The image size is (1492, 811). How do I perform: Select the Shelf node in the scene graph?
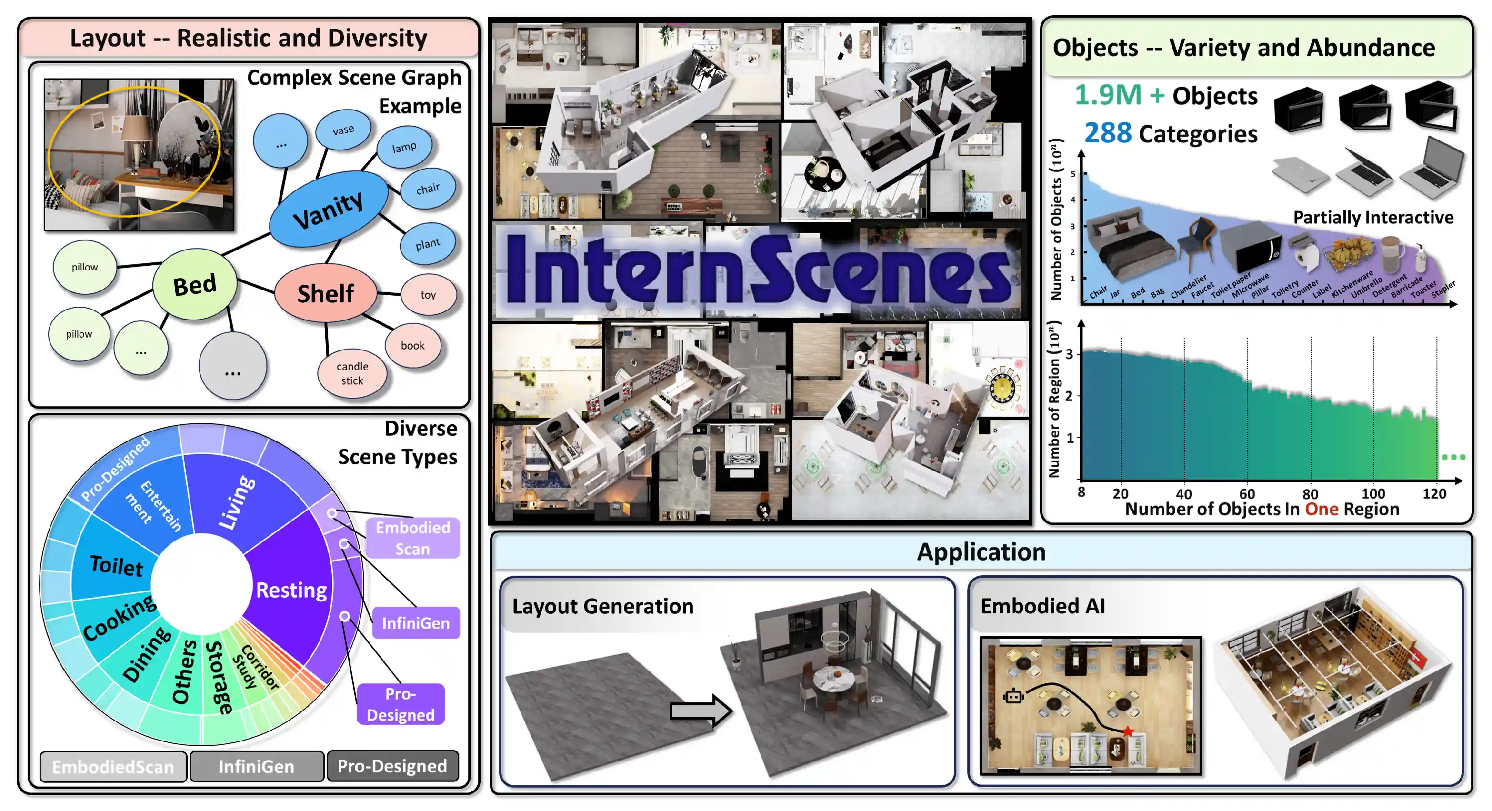pyautogui.click(x=326, y=294)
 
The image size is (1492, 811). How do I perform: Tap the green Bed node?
pyautogui.click(x=195, y=285)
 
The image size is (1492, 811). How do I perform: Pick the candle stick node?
pyautogui.click(x=352, y=374)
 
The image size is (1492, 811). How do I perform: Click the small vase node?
pyautogui.click(x=343, y=130)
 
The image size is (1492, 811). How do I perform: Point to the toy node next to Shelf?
pyautogui.click(x=428, y=295)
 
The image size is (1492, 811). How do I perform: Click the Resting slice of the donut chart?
pyautogui.click(x=291, y=591)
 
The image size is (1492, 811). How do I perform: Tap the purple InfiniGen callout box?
pyautogui.click(x=415, y=623)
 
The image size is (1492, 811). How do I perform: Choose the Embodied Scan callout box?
pyautogui.click(x=412, y=538)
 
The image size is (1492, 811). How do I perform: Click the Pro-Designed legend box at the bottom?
pyautogui.click(x=392, y=766)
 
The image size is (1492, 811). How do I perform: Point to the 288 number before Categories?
pyautogui.click(x=1107, y=133)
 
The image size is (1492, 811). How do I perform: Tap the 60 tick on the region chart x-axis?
pyautogui.click(x=1247, y=493)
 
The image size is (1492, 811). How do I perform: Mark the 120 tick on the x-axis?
pyautogui.click(x=1434, y=493)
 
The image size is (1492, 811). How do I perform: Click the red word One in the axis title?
pyautogui.click(x=1321, y=509)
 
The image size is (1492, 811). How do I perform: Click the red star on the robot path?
pyautogui.click(x=1128, y=731)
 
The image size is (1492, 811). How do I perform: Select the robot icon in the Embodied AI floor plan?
pyautogui.click(x=1013, y=696)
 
